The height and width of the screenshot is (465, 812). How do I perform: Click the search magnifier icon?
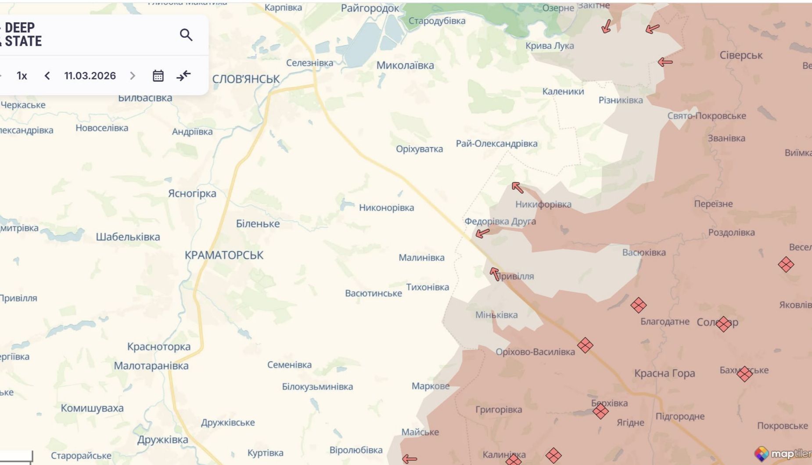click(186, 35)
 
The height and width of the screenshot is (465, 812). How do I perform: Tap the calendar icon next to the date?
click(158, 76)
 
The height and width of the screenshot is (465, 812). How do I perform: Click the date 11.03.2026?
click(90, 76)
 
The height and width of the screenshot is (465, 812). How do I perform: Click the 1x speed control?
click(22, 76)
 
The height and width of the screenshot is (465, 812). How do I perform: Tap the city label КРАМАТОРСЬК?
click(224, 255)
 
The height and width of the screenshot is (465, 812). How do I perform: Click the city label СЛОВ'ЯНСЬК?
click(246, 79)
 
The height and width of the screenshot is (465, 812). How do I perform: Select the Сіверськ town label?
click(741, 55)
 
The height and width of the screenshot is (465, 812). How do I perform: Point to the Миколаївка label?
click(405, 65)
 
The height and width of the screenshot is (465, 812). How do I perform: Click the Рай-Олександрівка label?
click(496, 144)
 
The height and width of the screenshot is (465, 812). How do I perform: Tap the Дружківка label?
click(162, 440)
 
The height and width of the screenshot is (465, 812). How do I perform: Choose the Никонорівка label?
click(386, 208)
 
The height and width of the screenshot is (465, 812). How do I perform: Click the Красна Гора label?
click(665, 374)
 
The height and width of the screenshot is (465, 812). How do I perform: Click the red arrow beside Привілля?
click(495, 274)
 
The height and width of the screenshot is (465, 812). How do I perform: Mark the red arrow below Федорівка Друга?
click(482, 233)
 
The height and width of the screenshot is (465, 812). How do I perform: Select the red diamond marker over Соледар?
click(723, 324)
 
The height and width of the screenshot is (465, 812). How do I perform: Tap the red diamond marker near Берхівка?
click(600, 411)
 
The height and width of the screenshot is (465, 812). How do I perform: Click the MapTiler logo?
click(783, 454)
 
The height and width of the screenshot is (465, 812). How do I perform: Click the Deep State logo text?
click(22, 34)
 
